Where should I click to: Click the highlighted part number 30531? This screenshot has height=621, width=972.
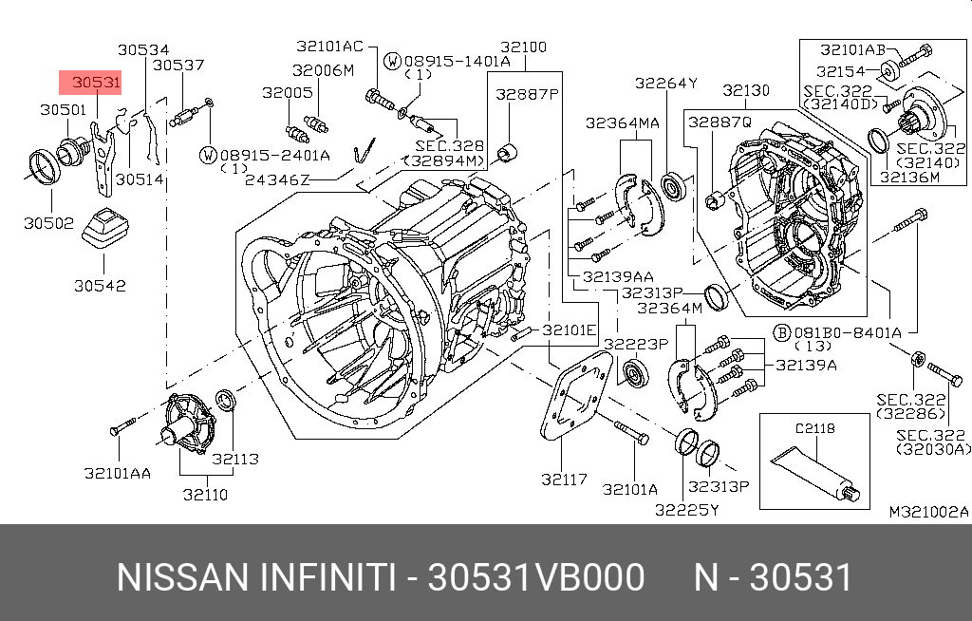pyautogui.click(x=96, y=83)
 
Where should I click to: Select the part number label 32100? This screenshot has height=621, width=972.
pyautogui.click(x=523, y=47)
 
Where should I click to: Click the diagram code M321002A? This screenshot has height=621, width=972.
pyautogui.click(x=928, y=512)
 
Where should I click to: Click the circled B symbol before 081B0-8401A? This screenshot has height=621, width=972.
pyautogui.click(x=781, y=332)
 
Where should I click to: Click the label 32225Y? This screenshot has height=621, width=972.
pyautogui.click(x=686, y=510)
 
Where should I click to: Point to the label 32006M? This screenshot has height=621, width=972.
pyautogui.click(x=323, y=70)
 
